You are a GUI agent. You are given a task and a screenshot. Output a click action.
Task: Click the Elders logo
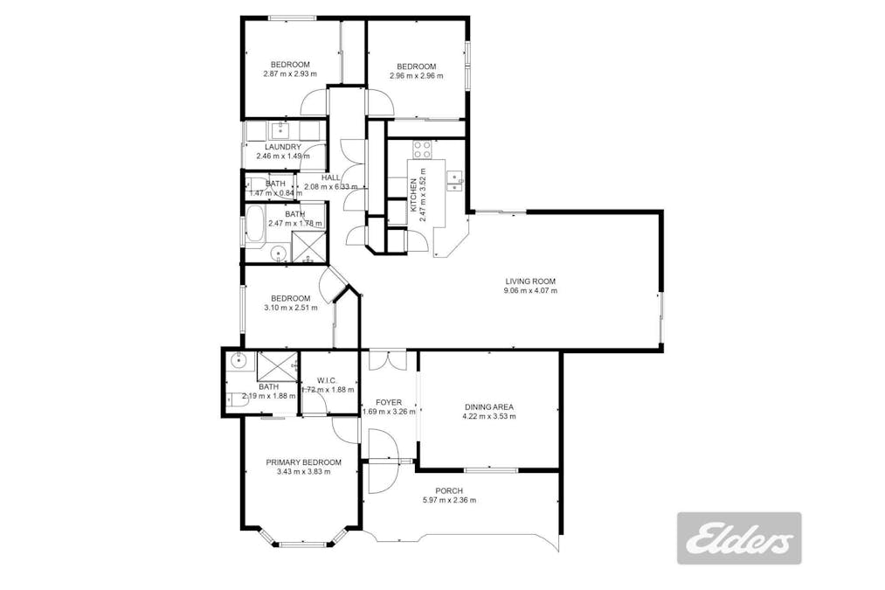(739, 538)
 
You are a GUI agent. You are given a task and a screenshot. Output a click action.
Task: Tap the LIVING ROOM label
(530, 281)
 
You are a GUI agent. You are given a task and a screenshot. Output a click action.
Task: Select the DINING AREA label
(488, 406)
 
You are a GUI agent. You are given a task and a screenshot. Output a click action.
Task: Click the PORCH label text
(448, 490)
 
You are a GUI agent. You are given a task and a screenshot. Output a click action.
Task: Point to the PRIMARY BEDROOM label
(304, 462)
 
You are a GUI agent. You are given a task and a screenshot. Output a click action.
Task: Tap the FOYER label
(388, 402)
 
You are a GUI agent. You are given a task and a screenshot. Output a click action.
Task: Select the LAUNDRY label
(277, 147)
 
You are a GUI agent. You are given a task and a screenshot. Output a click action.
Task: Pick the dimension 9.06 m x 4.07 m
(530, 292)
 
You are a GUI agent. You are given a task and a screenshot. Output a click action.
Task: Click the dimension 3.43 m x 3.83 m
(304, 473)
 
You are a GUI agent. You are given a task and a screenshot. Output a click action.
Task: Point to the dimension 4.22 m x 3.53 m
(488, 417)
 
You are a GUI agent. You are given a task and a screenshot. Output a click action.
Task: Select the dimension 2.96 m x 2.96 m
(416, 76)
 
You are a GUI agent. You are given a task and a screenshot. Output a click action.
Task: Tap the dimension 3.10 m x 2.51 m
(290, 308)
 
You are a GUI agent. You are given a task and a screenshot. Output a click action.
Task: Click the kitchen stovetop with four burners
(421, 148)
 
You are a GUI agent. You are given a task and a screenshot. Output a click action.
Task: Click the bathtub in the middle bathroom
(255, 226)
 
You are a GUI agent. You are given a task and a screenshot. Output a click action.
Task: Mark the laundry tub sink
(280, 130)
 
